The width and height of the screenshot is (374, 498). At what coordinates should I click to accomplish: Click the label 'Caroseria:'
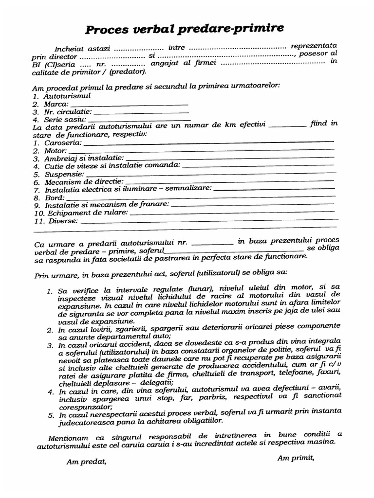click(63, 143)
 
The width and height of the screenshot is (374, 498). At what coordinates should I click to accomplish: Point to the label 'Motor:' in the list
click(56, 151)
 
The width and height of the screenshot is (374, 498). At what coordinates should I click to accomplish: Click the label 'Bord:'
click(54, 198)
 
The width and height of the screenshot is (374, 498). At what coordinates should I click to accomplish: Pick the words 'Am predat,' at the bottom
click(86, 462)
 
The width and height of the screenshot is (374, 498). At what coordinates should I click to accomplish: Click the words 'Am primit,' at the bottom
click(296, 457)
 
